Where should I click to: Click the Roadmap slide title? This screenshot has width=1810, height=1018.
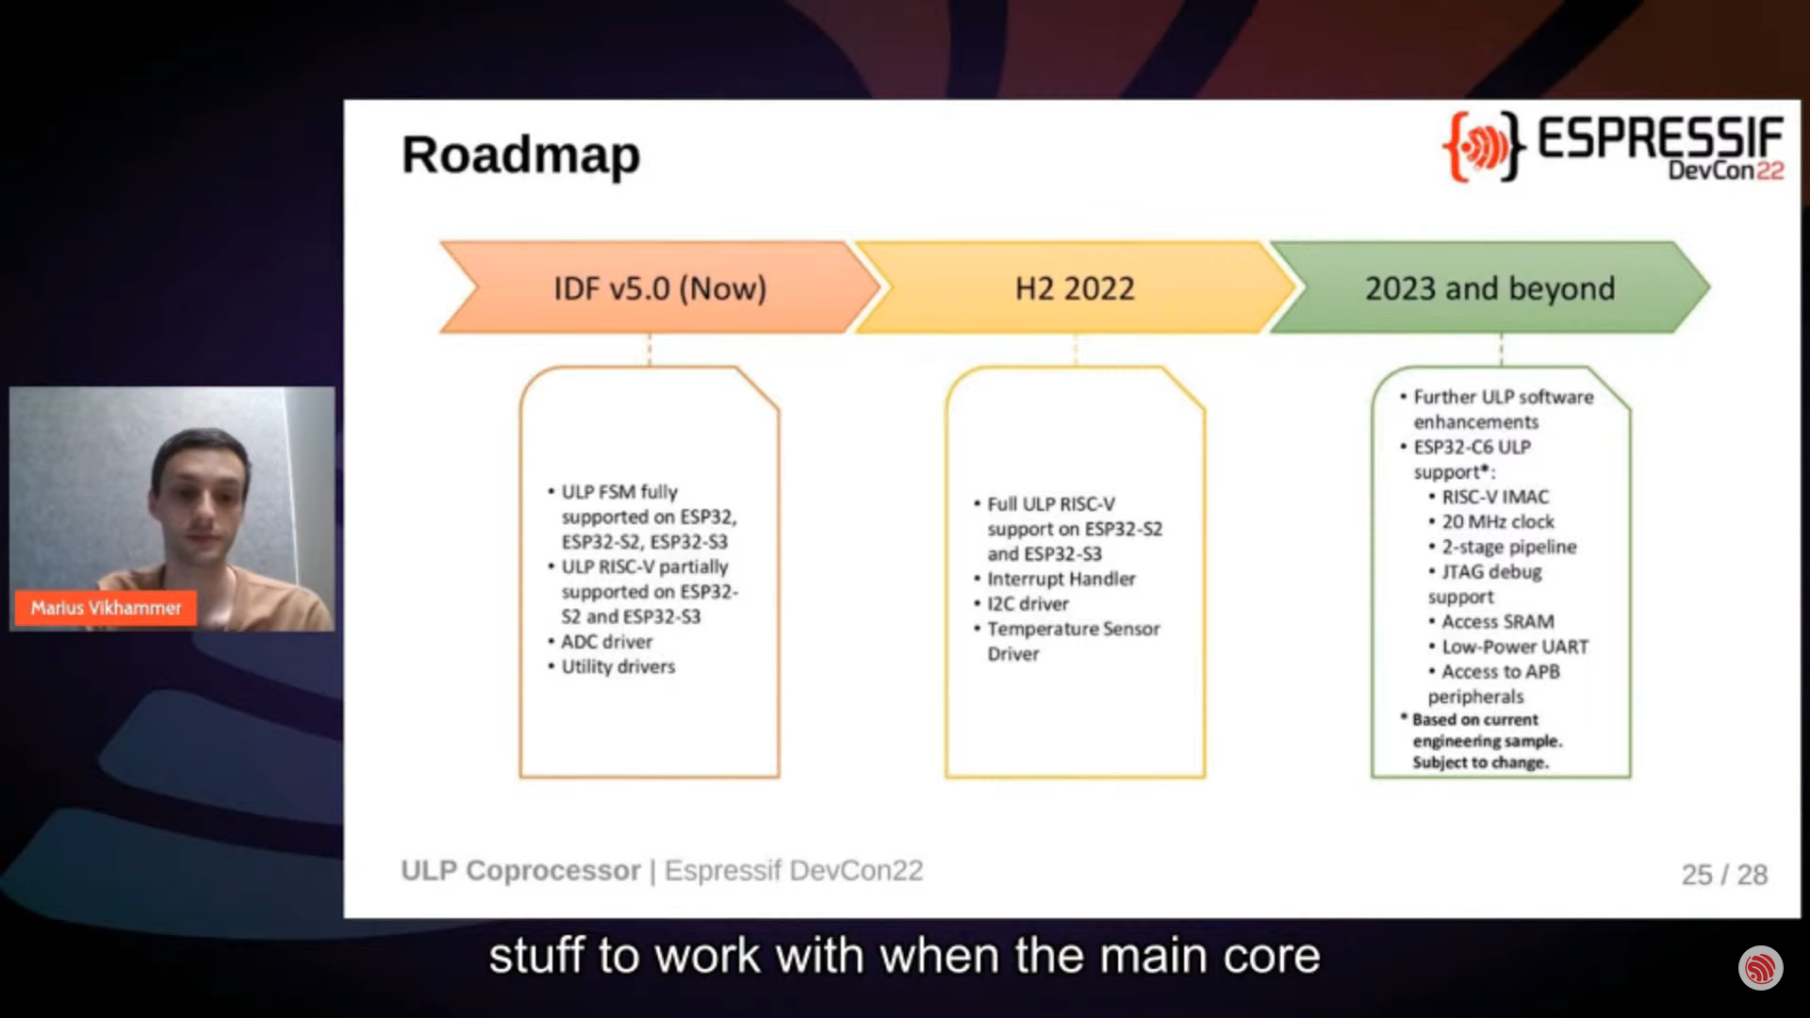click(x=520, y=156)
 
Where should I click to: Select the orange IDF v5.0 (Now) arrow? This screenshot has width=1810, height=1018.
click(x=660, y=287)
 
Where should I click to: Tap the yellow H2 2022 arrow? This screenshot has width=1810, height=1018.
click(x=1075, y=287)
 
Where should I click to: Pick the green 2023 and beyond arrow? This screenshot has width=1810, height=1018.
click(x=1489, y=287)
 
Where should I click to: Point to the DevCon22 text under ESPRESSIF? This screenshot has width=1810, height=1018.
click(x=1726, y=171)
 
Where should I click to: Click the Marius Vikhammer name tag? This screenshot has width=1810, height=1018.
click(x=106, y=608)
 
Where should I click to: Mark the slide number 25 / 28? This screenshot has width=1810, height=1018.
click(x=1724, y=875)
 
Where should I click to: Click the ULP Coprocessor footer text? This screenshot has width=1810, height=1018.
click(x=520, y=870)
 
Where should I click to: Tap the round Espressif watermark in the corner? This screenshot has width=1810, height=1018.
click(x=1760, y=968)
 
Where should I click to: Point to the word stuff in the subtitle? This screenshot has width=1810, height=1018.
click(x=536, y=956)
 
